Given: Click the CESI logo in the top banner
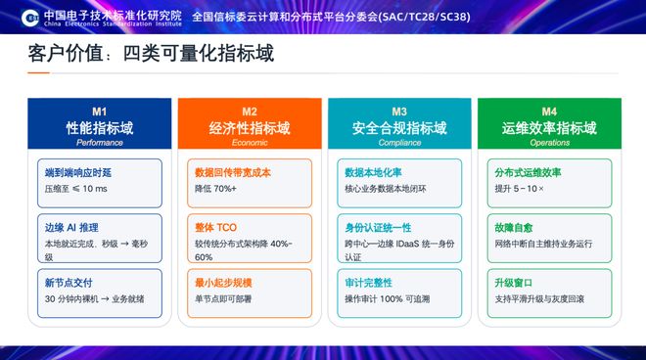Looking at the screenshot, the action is point(30,18).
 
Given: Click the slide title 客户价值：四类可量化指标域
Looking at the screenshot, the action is point(151,54).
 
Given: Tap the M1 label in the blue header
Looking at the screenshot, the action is point(99,112).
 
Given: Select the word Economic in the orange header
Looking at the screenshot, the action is point(250,143).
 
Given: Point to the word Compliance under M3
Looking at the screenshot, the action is point(399,143).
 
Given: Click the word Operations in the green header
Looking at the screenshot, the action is point(550,143).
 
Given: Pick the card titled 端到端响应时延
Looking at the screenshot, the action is point(100,183).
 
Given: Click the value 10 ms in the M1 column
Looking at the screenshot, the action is point(95,189).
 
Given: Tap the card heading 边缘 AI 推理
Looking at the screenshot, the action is point(71,227).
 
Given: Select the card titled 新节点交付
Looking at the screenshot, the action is point(100,293).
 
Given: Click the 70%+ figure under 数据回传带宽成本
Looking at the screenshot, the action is point(225,189).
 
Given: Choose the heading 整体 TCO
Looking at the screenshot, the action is point(216,227).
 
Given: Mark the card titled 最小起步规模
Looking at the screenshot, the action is point(250,293).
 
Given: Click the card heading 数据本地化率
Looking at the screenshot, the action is point(373,172).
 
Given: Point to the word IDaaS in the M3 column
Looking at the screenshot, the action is point(407,244).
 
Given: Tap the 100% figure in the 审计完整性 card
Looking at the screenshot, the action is point(391,299).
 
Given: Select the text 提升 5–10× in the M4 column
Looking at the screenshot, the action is point(519,189).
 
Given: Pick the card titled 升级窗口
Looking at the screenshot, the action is point(550,293).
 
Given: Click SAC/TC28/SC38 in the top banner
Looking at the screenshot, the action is point(424,17).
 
